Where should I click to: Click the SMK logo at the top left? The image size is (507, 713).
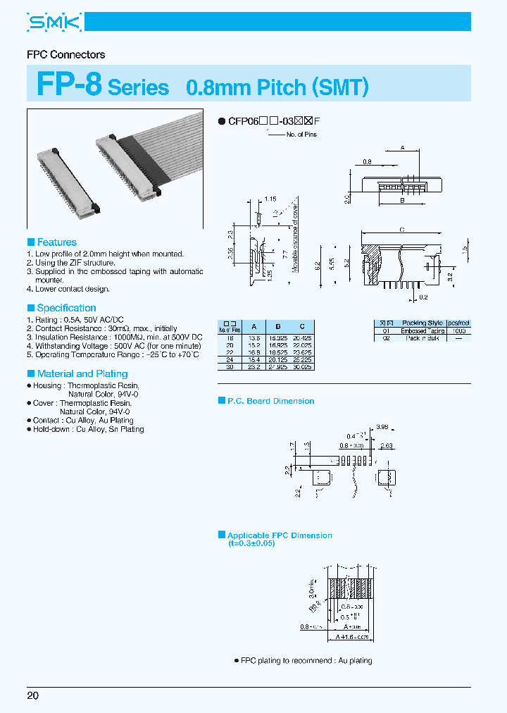(x=55, y=23)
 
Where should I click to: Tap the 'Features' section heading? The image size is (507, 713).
(x=56, y=242)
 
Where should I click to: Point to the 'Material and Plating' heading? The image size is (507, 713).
(x=82, y=374)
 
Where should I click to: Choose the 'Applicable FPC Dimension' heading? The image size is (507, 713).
(x=280, y=535)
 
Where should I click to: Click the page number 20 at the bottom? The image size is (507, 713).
(x=33, y=695)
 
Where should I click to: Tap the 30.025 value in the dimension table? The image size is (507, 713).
(x=302, y=367)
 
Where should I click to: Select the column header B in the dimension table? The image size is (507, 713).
(x=278, y=327)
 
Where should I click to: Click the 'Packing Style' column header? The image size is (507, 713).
(x=423, y=323)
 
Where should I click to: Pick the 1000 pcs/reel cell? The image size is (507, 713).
(x=460, y=331)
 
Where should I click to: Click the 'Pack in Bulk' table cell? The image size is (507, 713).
(x=423, y=339)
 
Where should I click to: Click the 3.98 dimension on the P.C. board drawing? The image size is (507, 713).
(x=382, y=427)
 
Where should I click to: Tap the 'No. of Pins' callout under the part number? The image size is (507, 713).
(x=301, y=135)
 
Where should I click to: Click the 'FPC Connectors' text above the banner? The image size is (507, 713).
(x=65, y=54)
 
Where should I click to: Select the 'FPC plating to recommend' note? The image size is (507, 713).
(x=306, y=660)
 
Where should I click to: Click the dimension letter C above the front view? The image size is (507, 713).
(x=401, y=230)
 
